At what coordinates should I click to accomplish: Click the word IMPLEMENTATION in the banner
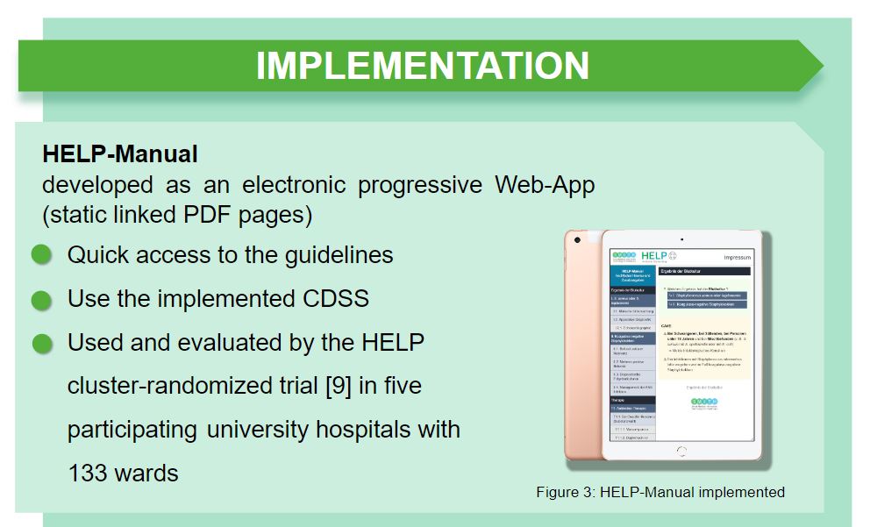(x=422, y=66)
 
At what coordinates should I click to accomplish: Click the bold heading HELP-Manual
(x=120, y=154)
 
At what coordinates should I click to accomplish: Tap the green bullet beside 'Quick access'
(x=42, y=255)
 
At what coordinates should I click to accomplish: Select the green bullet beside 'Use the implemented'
(x=42, y=300)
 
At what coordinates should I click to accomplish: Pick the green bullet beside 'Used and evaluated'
(x=42, y=344)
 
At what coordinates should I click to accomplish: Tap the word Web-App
(x=545, y=186)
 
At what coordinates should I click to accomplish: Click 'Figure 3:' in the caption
(x=566, y=492)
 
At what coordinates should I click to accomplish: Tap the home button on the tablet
(x=681, y=451)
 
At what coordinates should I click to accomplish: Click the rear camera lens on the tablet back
(x=576, y=239)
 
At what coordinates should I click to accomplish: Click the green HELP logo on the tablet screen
(x=654, y=254)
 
